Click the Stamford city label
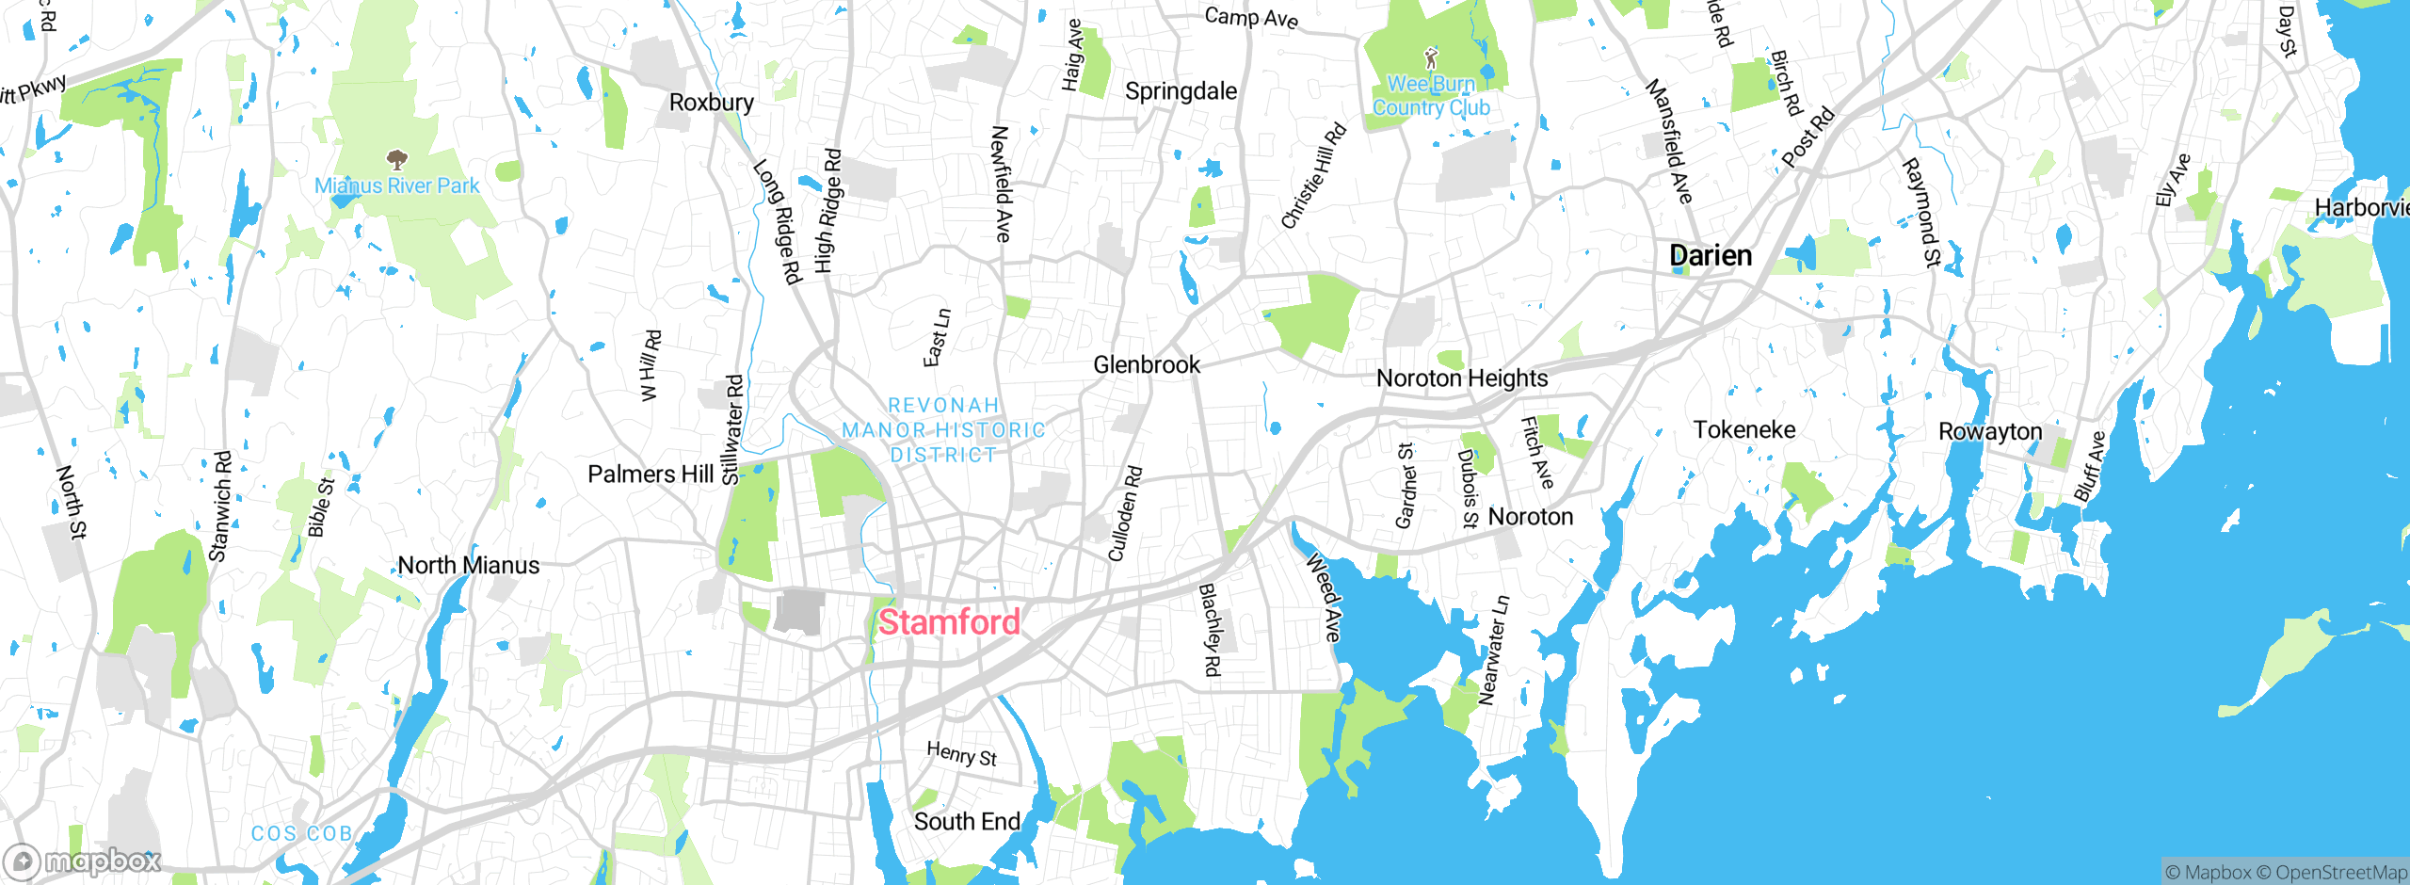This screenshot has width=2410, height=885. click(949, 622)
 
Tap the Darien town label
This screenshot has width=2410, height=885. click(1710, 255)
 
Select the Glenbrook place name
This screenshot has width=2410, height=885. click(1147, 364)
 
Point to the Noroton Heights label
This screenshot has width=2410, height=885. click(1462, 378)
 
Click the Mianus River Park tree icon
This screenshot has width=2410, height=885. click(397, 158)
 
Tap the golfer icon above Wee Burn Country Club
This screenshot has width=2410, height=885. click(1431, 58)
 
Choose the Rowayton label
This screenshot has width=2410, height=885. click(1990, 432)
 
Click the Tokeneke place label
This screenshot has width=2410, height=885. click(1744, 430)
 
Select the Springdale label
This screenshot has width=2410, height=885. click(1181, 91)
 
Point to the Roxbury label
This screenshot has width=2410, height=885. click(711, 103)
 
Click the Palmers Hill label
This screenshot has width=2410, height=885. click(651, 475)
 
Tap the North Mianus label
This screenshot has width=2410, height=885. click(469, 566)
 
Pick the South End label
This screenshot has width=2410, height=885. click(967, 822)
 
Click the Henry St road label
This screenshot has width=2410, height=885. click(961, 754)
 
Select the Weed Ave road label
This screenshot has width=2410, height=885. click(1323, 598)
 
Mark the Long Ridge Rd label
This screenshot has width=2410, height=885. click(778, 221)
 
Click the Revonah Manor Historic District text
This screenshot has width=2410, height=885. click(943, 430)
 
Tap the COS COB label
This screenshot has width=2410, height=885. click(301, 834)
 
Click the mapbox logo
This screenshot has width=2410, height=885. click(83, 861)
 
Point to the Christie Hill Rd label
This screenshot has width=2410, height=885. click(1313, 177)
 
